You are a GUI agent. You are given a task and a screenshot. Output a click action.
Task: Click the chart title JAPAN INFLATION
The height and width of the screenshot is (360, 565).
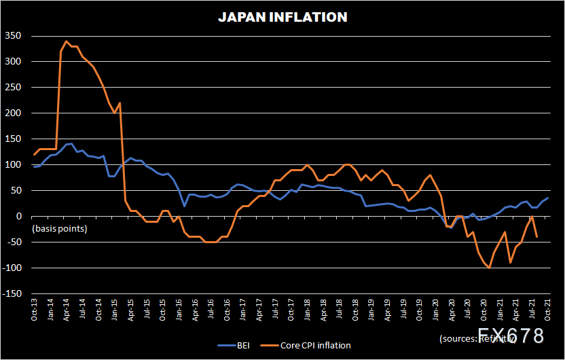coord(282,18)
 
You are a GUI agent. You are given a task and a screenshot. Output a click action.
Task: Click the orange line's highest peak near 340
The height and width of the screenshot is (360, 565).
coord(67,41)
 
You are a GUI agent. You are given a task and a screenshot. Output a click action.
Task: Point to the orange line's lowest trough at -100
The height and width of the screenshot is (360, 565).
coord(489,268)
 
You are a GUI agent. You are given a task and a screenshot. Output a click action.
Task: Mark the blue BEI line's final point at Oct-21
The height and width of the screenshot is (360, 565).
coord(548,198)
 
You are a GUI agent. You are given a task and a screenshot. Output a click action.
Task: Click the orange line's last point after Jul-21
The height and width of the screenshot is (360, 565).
coord(537,237)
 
